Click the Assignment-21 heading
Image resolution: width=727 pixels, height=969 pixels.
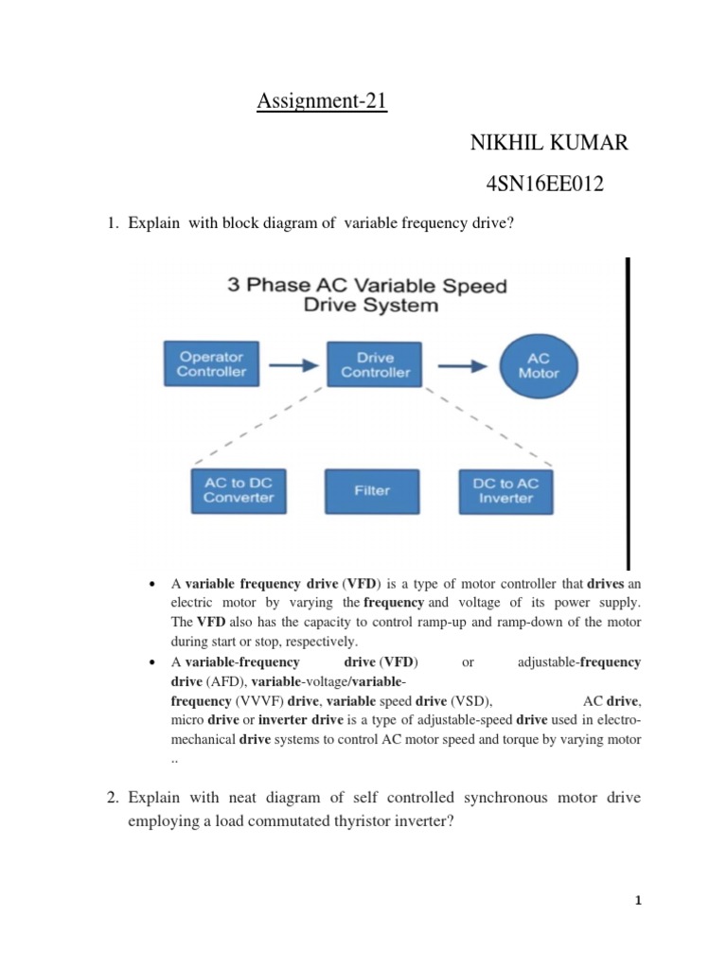(322, 100)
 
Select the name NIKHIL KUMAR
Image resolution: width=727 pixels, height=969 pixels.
(548, 144)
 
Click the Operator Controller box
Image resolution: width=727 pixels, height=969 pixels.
(211, 363)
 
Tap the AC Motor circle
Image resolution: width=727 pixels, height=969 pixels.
(539, 364)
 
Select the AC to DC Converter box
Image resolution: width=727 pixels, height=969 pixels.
(239, 490)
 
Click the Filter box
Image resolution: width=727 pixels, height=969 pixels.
(372, 490)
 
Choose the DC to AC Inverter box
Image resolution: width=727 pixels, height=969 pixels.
(505, 490)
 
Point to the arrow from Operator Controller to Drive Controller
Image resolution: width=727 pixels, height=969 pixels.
(293, 363)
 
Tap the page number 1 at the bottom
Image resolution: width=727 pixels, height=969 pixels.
(639, 900)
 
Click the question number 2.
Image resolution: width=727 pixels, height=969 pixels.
(111, 799)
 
